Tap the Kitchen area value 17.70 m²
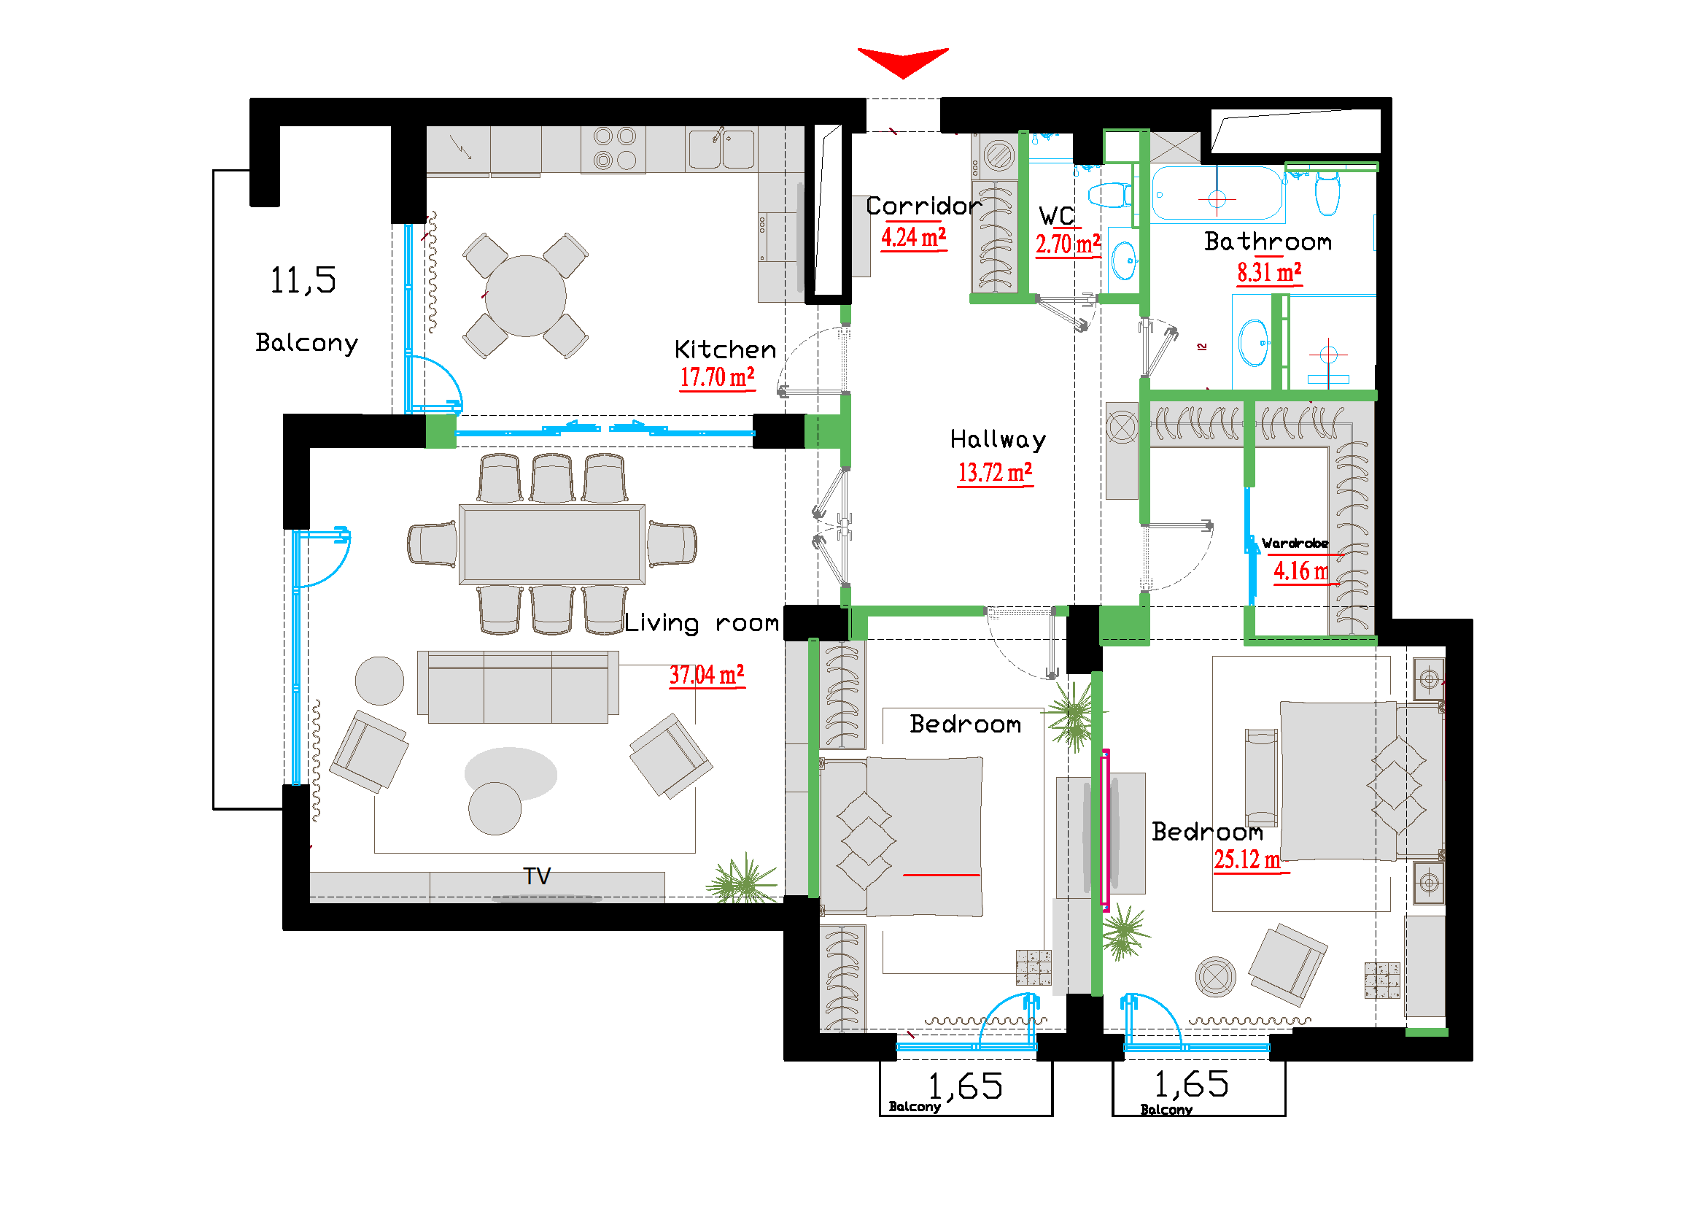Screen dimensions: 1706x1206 tap(717, 377)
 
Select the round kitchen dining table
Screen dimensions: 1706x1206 tap(525, 295)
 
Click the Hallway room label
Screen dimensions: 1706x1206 tap(998, 440)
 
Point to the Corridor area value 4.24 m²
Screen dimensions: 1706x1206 tap(913, 238)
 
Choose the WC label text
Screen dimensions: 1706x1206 tap(1057, 216)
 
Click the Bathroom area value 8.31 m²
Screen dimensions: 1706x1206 tap(1269, 273)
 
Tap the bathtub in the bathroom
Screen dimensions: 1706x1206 tap(1217, 194)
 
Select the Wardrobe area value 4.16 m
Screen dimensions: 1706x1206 tap(1301, 571)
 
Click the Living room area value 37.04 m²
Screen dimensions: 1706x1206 tap(707, 676)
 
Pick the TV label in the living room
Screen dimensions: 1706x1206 tap(537, 876)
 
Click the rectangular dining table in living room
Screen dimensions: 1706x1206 tap(551, 545)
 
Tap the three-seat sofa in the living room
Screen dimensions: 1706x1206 tap(518, 687)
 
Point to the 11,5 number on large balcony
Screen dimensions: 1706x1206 tap(303, 280)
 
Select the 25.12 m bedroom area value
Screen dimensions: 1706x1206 tap(1247, 859)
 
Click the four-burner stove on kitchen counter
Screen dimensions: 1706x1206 tap(613, 149)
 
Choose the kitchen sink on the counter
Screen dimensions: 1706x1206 tap(721, 150)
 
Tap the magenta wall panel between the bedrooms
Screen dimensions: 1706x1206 tap(1105, 829)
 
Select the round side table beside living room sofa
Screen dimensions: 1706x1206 tap(380, 681)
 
